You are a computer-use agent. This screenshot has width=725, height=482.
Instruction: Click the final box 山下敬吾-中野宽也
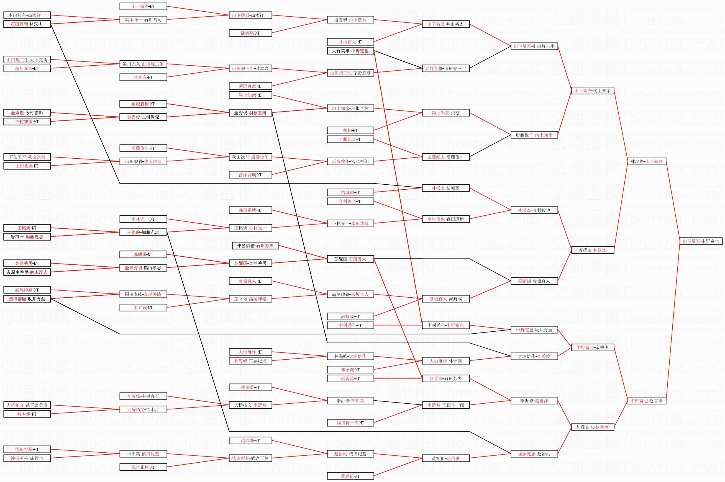pyautogui.click(x=701, y=241)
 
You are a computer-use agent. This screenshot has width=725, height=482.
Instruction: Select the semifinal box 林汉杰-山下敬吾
pyautogui.click(x=647, y=161)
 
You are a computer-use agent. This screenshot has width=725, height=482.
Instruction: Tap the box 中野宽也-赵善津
pyautogui.click(x=647, y=401)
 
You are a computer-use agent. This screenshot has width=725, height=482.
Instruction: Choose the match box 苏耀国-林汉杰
pyautogui.click(x=592, y=250)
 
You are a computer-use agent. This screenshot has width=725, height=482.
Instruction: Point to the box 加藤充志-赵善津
pyautogui.click(x=592, y=427)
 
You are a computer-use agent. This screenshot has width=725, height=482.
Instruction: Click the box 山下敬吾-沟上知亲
pyautogui.click(x=592, y=91)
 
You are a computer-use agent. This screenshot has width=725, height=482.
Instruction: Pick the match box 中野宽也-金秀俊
pyautogui.click(x=592, y=347)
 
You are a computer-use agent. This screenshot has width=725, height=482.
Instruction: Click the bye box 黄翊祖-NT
pyautogui.click(x=350, y=476)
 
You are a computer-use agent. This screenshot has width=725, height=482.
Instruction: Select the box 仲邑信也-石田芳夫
pyautogui.click(x=255, y=246)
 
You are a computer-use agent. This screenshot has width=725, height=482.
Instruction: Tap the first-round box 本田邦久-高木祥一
pyautogui.click(x=27, y=15)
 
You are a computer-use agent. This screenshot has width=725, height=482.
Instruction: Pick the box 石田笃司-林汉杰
pyautogui.click(x=27, y=24)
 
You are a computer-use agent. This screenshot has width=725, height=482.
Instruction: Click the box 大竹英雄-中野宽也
pyautogui.click(x=350, y=51)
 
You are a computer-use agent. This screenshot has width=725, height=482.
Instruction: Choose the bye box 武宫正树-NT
pyautogui.click(x=143, y=467)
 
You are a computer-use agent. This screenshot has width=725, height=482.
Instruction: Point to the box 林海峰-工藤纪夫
pyautogui.click(x=250, y=361)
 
